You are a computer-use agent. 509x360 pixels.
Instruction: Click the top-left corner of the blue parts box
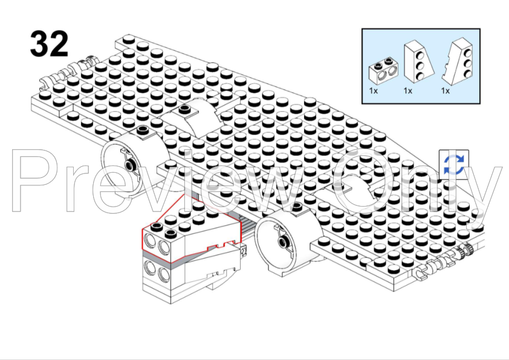point(362,29)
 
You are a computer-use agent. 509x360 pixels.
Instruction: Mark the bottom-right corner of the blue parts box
point(480,104)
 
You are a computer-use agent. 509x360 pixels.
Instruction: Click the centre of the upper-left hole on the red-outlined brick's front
point(150,241)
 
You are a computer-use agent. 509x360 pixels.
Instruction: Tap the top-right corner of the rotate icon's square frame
point(468,150)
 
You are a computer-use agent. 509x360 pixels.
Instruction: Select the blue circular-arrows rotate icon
point(454,165)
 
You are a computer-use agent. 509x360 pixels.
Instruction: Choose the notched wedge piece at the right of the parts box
point(458,62)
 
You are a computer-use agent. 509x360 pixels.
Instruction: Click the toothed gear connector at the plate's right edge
point(467,250)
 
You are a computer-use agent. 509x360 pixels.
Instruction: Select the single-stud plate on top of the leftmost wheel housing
point(142,130)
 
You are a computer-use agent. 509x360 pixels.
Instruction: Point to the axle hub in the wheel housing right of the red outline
point(282,242)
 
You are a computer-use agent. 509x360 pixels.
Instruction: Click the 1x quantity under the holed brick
point(374,91)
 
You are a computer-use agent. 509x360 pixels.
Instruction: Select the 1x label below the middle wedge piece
point(408,91)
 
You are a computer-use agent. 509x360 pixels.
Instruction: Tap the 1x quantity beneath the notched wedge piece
point(446,91)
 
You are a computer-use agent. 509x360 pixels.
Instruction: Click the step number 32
point(50,43)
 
